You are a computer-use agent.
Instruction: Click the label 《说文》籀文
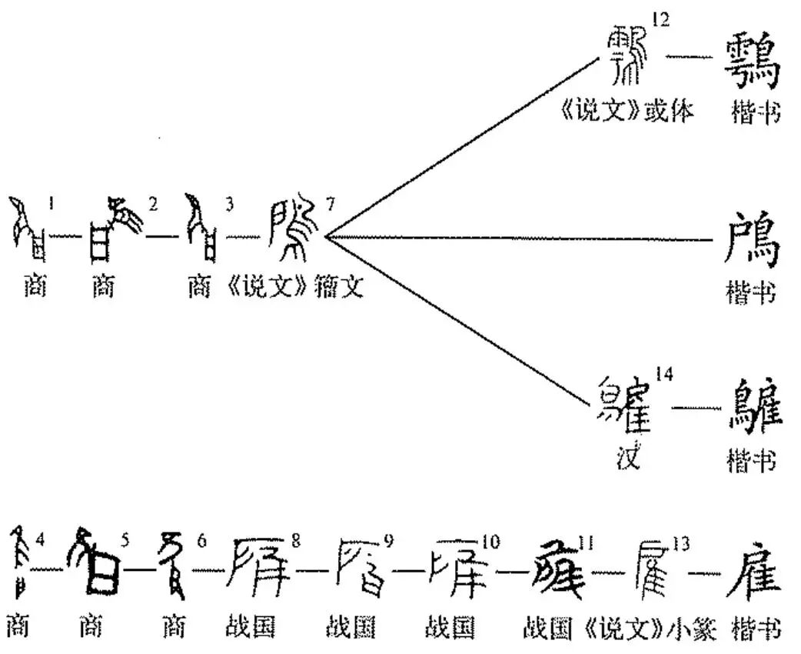(x=296, y=289)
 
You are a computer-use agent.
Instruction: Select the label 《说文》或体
(x=627, y=112)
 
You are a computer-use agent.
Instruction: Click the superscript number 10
(x=490, y=542)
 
